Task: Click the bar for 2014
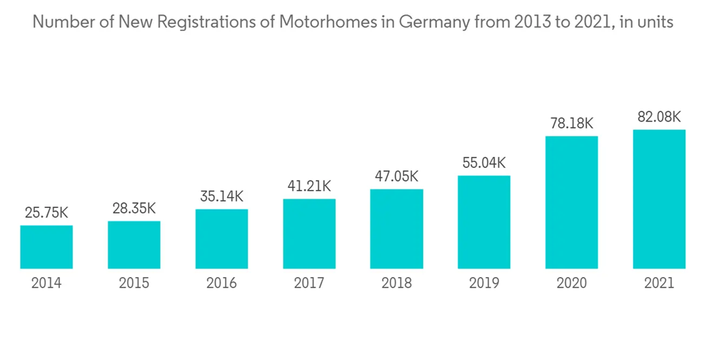click(x=46, y=247)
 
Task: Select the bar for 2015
click(x=134, y=245)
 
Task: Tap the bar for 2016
click(x=221, y=239)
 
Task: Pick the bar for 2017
click(x=309, y=234)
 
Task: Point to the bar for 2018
click(x=396, y=229)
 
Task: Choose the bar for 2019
click(x=484, y=222)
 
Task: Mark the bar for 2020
click(x=571, y=202)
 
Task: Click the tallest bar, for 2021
click(x=659, y=199)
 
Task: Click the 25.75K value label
click(x=46, y=213)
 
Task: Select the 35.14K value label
click(x=221, y=196)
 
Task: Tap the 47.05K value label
click(x=396, y=176)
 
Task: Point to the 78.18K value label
click(x=571, y=123)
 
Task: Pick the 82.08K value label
click(x=659, y=116)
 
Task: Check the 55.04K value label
click(x=484, y=163)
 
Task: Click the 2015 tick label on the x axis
click(x=134, y=284)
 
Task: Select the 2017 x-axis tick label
click(x=309, y=284)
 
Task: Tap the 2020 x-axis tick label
click(x=571, y=284)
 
